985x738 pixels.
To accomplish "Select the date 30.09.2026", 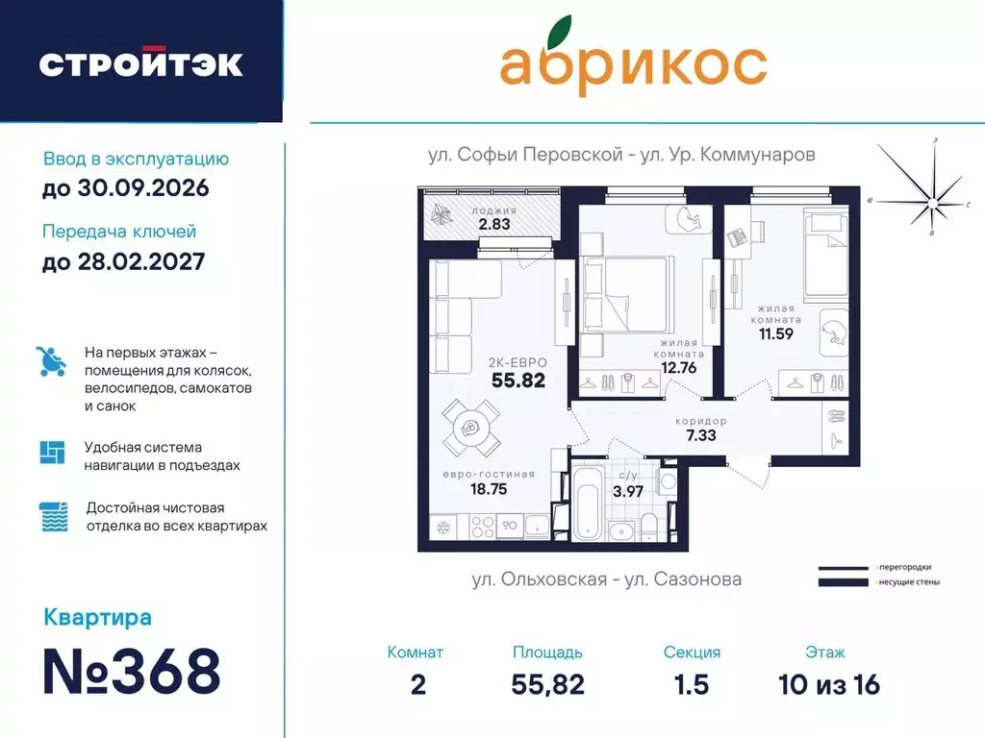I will pos(126,187).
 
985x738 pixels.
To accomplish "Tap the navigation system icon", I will pos(52,452).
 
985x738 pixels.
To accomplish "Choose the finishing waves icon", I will pos(52,517).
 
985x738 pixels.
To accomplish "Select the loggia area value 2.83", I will pos(493,225).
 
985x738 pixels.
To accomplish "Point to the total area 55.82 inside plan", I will pos(518,380).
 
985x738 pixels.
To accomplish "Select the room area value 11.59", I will pos(775,333).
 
